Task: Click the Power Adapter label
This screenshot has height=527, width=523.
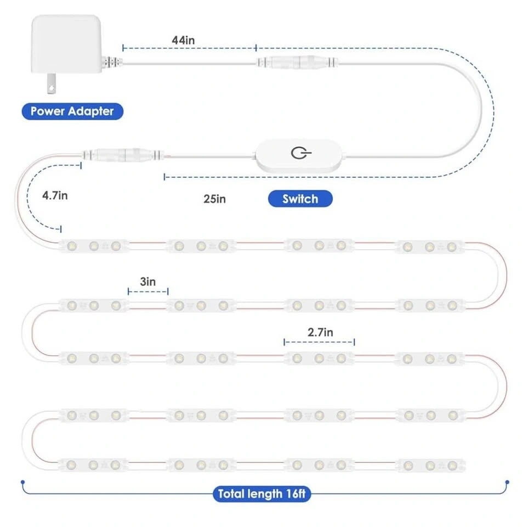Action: point(72,111)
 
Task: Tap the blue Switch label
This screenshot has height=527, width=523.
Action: point(300,199)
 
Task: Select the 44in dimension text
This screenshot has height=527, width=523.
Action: point(183,40)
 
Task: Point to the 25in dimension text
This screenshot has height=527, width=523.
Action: point(214,199)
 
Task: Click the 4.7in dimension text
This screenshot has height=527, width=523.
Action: point(55,195)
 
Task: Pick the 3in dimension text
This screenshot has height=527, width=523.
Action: point(147,282)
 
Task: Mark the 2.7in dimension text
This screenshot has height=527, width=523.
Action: point(320,332)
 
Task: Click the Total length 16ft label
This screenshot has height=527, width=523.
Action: point(262,494)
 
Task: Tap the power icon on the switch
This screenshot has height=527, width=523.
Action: point(298,153)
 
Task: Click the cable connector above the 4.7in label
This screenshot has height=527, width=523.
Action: point(123,154)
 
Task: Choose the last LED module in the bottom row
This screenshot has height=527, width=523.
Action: point(430,466)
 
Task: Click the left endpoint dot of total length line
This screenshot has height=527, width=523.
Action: point(22,483)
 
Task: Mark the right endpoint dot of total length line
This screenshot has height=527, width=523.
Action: point(505,483)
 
